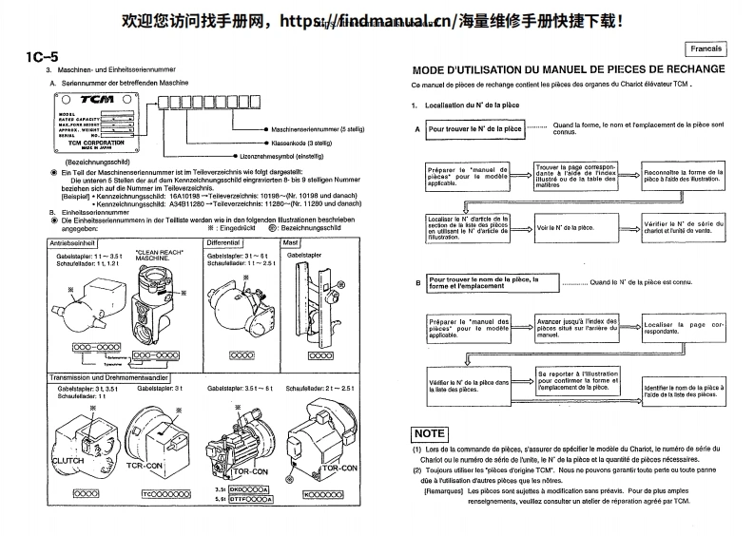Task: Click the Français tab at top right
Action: click(706, 48)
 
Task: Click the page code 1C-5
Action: click(44, 56)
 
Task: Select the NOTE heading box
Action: click(430, 433)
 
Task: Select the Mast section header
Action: click(292, 242)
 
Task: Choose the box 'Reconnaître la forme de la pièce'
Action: click(683, 176)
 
